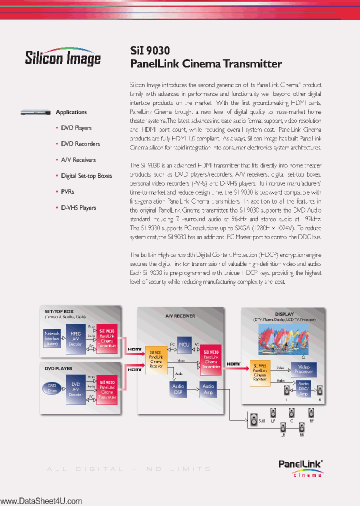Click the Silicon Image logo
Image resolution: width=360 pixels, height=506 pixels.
click(x=62, y=57)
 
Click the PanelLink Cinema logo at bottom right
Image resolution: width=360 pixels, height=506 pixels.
click(x=300, y=469)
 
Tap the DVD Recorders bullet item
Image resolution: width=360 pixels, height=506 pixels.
click(x=80, y=144)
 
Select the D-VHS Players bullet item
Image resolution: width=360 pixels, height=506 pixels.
click(x=78, y=208)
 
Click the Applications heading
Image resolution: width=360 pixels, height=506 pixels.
click(x=71, y=112)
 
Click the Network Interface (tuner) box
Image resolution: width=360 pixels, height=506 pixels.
click(x=52, y=338)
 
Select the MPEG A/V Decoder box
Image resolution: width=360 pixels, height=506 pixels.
click(x=75, y=338)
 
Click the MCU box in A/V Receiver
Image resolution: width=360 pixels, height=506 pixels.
click(x=184, y=344)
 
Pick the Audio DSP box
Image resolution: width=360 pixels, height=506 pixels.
click(x=178, y=389)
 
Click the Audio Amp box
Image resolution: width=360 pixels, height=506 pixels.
click(x=208, y=389)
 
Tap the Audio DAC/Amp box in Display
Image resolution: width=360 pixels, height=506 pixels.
click(x=303, y=389)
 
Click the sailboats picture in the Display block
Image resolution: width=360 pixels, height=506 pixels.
click(x=283, y=338)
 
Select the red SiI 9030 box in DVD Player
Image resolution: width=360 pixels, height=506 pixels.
click(x=107, y=388)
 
